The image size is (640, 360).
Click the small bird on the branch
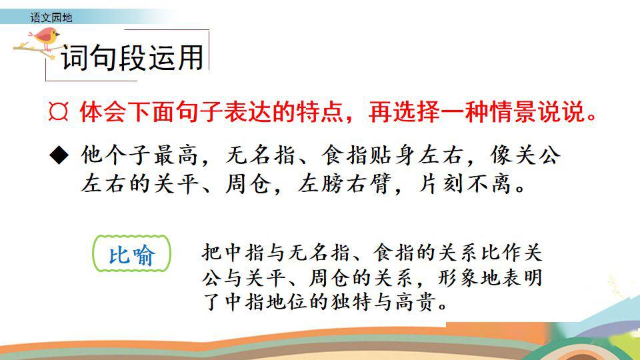(46, 37)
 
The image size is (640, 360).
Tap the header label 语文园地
(51, 17)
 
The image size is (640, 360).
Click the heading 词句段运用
(132, 57)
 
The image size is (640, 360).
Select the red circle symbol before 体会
(58, 111)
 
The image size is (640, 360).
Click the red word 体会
(103, 111)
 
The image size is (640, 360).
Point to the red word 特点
(319, 111)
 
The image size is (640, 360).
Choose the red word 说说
(561, 111)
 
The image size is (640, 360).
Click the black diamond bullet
(59, 155)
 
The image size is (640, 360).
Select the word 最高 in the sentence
(176, 155)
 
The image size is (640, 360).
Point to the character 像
(501, 155)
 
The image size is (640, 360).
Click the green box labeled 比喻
(131, 253)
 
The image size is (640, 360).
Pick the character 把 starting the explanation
(212, 252)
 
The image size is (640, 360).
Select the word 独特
(351, 303)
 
